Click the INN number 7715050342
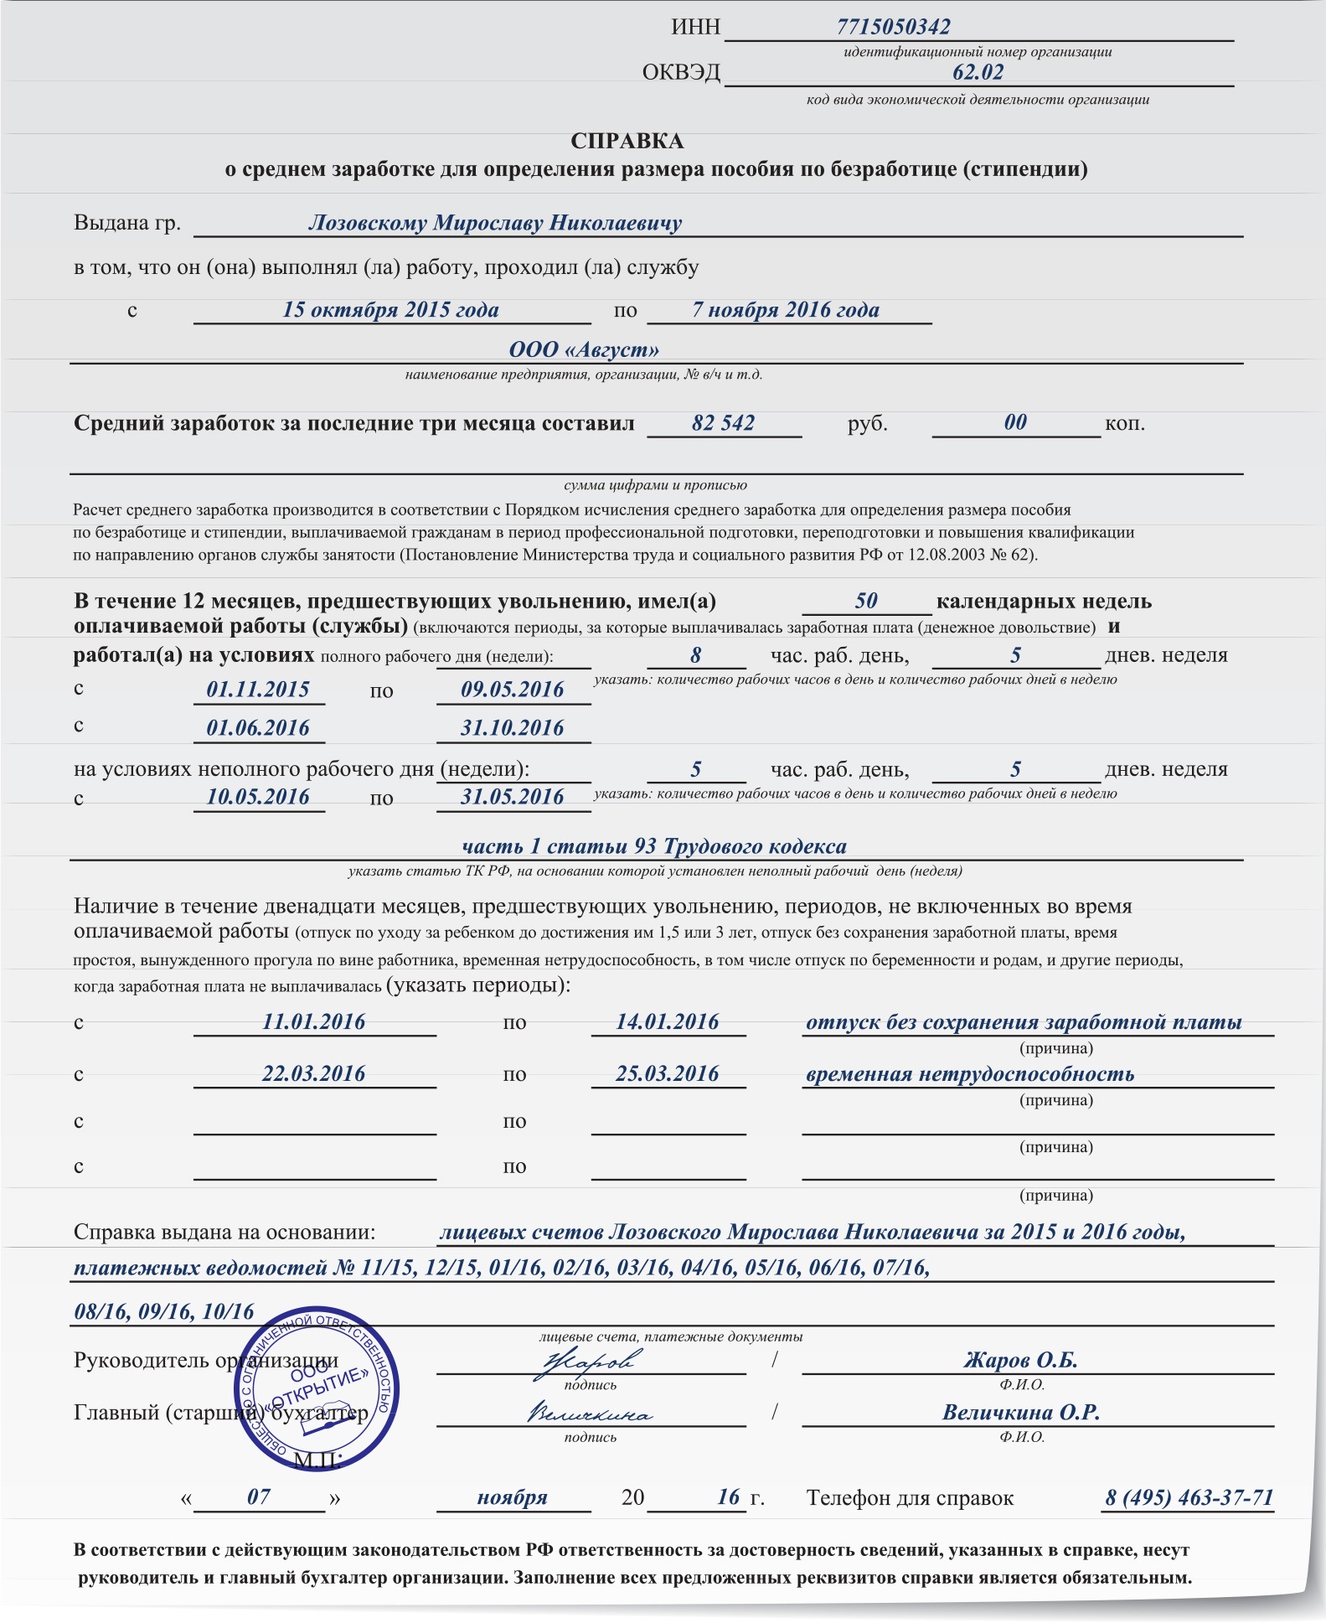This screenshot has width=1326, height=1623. click(893, 28)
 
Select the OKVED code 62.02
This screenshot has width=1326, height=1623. click(978, 72)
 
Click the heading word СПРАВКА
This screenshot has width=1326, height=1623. click(627, 141)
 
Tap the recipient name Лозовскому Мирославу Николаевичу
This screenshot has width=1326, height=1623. click(494, 223)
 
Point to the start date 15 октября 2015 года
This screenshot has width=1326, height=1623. click(390, 310)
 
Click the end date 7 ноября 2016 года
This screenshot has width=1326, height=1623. click(785, 310)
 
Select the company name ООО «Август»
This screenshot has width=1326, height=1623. click(584, 349)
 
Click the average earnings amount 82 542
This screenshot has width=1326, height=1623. click(723, 423)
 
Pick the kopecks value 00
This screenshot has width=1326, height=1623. click(1015, 422)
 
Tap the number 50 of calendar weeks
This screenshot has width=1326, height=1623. click(866, 601)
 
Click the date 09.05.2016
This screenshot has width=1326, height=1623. click(513, 690)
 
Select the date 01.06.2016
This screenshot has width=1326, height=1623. click(258, 728)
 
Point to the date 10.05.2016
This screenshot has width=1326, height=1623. click(258, 797)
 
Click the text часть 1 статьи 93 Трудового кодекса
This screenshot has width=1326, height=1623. click(654, 846)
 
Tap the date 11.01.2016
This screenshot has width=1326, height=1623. click(314, 1021)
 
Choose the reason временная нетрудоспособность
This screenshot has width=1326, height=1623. click(969, 1074)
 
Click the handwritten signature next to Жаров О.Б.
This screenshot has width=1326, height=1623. click(589, 1362)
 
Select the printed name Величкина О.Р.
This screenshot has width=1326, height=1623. click(1021, 1412)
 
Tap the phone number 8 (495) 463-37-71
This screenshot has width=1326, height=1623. click(1189, 1497)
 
